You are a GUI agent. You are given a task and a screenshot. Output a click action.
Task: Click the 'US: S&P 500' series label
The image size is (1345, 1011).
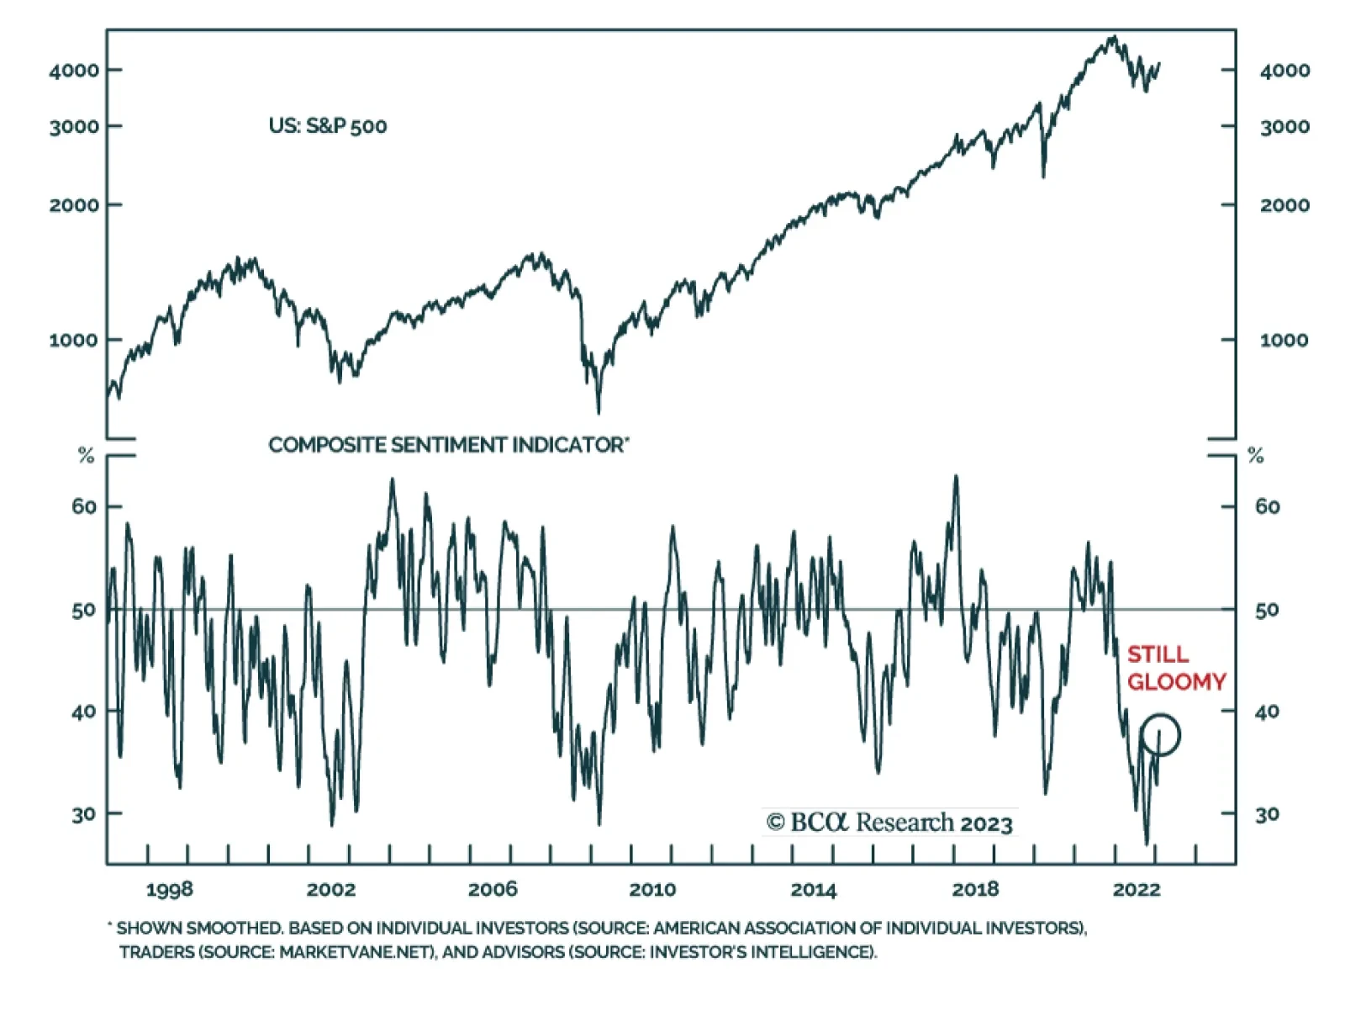327,126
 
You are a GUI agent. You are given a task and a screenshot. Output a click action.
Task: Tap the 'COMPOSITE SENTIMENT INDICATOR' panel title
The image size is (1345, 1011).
448,445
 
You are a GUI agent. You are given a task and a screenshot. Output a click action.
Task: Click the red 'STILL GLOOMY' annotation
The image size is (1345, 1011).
1175,668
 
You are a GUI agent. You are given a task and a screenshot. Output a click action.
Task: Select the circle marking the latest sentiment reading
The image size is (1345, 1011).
1161,734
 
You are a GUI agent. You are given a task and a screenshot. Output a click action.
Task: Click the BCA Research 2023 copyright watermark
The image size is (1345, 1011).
889,822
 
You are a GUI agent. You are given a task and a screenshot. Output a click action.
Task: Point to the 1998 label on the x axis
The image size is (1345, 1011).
169,890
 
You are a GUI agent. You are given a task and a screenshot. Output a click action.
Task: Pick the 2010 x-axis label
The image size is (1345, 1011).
652,890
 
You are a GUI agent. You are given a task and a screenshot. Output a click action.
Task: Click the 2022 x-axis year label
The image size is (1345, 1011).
1137,890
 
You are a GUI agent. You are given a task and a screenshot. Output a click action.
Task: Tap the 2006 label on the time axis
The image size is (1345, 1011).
492,890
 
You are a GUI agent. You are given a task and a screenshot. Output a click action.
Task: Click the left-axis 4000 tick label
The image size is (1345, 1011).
74,71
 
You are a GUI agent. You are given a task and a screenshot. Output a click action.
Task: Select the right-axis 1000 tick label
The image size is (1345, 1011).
1284,341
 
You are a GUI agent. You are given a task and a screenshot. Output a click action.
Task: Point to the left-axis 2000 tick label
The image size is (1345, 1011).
74,205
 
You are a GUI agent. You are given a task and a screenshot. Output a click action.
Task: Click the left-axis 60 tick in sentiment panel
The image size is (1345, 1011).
84,506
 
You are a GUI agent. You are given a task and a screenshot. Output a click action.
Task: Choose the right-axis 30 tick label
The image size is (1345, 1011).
1267,814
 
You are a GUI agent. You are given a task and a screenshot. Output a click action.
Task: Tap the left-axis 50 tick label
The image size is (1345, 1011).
84,610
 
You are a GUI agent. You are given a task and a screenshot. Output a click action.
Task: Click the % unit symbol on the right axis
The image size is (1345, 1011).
1256,456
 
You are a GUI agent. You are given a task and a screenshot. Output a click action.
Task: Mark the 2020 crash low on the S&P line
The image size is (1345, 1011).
1044,176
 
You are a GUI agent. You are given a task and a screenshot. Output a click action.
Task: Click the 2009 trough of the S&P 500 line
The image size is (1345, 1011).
599,412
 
